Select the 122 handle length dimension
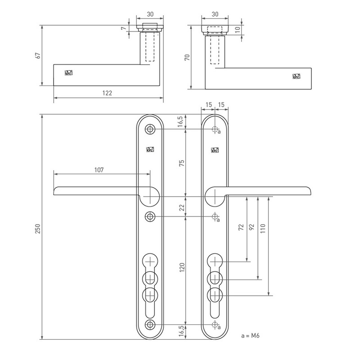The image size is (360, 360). click(x=107, y=93)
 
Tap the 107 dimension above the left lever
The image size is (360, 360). click(x=99, y=170)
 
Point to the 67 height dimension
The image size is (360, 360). click(x=38, y=55)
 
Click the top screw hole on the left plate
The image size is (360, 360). click(x=149, y=130)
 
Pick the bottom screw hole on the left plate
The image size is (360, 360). click(x=149, y=325)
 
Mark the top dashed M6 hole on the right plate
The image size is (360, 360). click(x=215, y=130)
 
